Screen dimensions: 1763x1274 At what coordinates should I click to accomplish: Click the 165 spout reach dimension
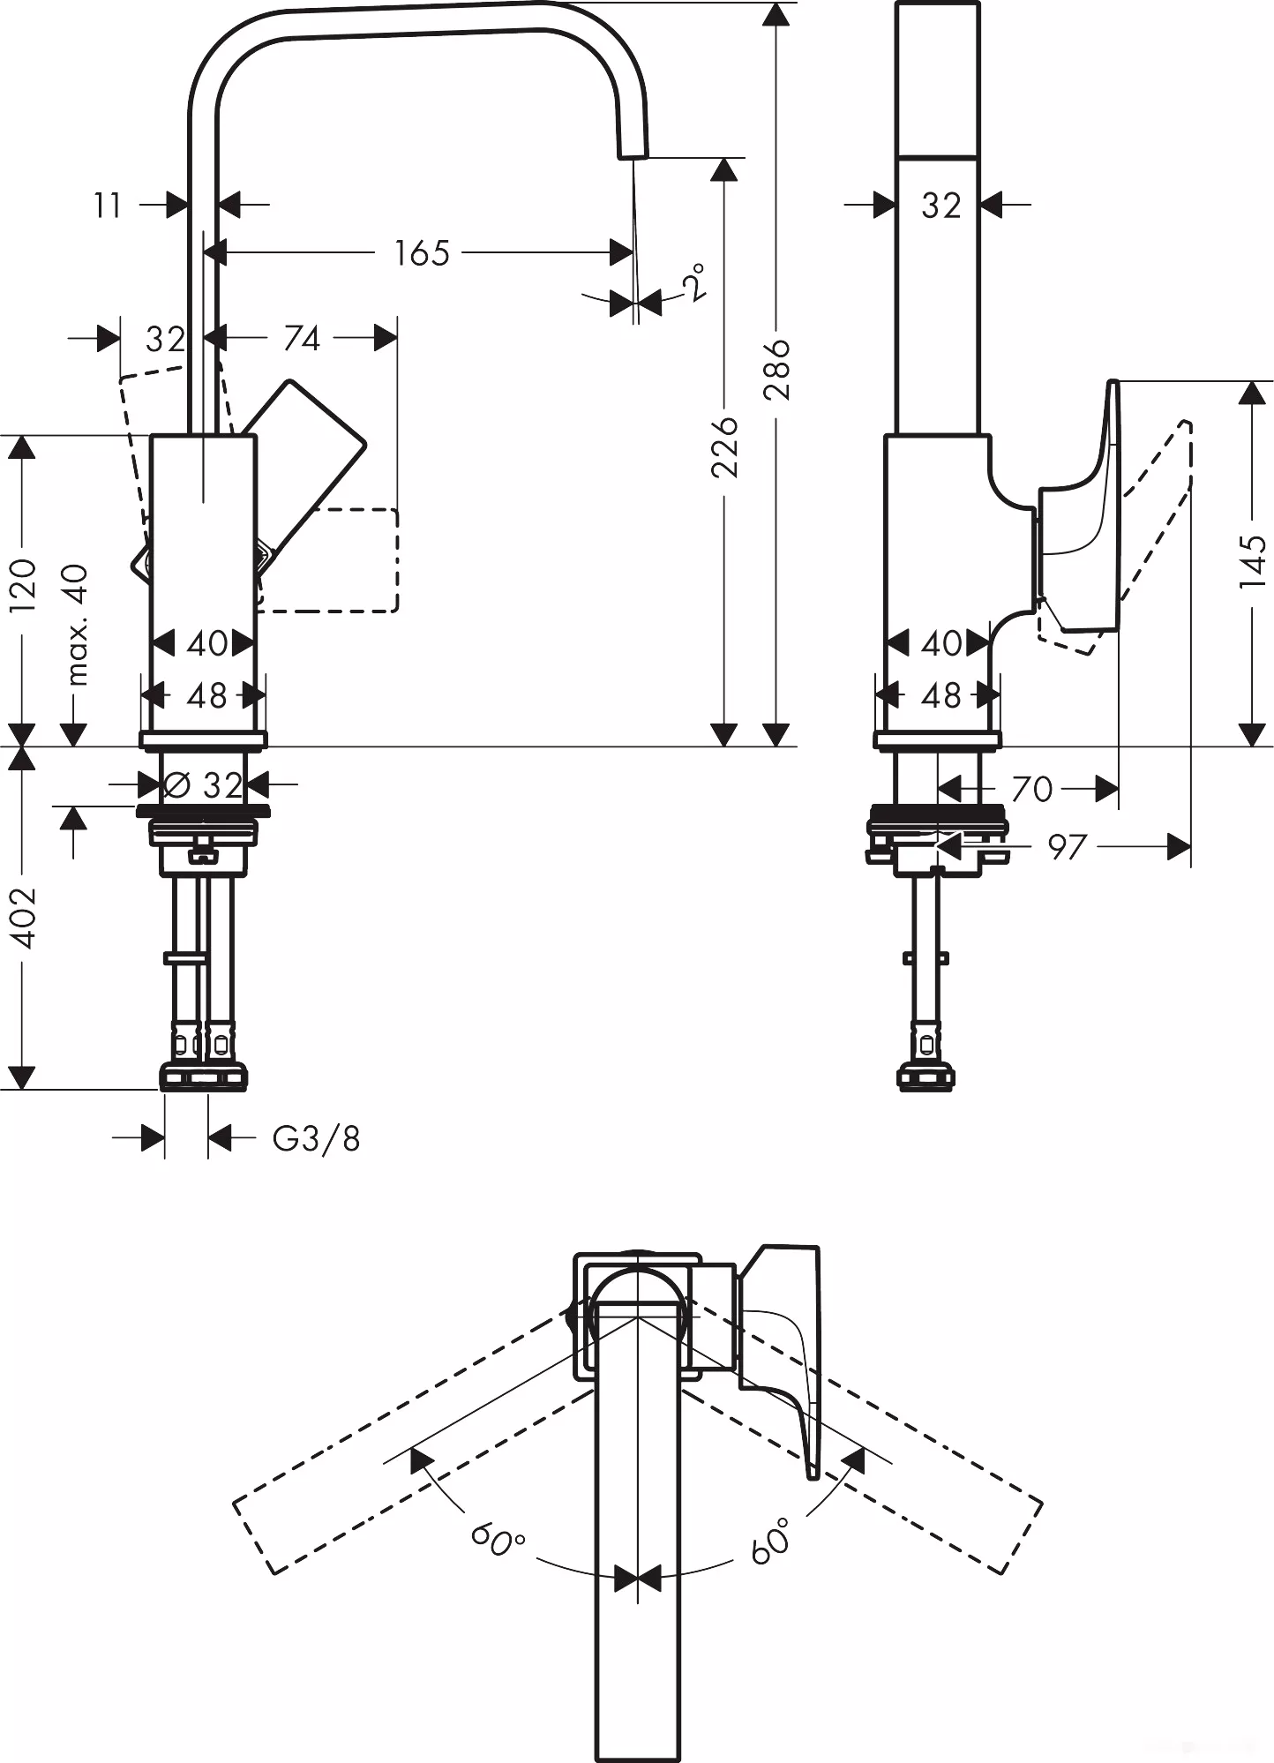click(422, 253)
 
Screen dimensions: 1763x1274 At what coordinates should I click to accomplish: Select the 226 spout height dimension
click(725, 446)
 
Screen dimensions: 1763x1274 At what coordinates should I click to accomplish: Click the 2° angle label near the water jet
click(694, 282)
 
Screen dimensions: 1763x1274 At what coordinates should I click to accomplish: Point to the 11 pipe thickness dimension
click(108, 206)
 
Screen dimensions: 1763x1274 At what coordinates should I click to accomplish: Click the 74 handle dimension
click(301, 338)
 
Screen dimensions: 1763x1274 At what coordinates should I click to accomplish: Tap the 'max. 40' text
click(78, 625)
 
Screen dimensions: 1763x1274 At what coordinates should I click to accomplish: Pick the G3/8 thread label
click(316, 1139)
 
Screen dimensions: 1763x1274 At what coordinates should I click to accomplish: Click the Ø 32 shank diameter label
click(204, 784)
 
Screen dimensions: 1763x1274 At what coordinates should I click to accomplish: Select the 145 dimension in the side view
click(1251, 561)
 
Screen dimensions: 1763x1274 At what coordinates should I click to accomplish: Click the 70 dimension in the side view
click(1031, 789)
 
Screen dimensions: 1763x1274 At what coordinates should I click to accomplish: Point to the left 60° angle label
click(498, 1540)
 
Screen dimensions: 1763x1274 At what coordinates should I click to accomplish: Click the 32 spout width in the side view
click(941, 206)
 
